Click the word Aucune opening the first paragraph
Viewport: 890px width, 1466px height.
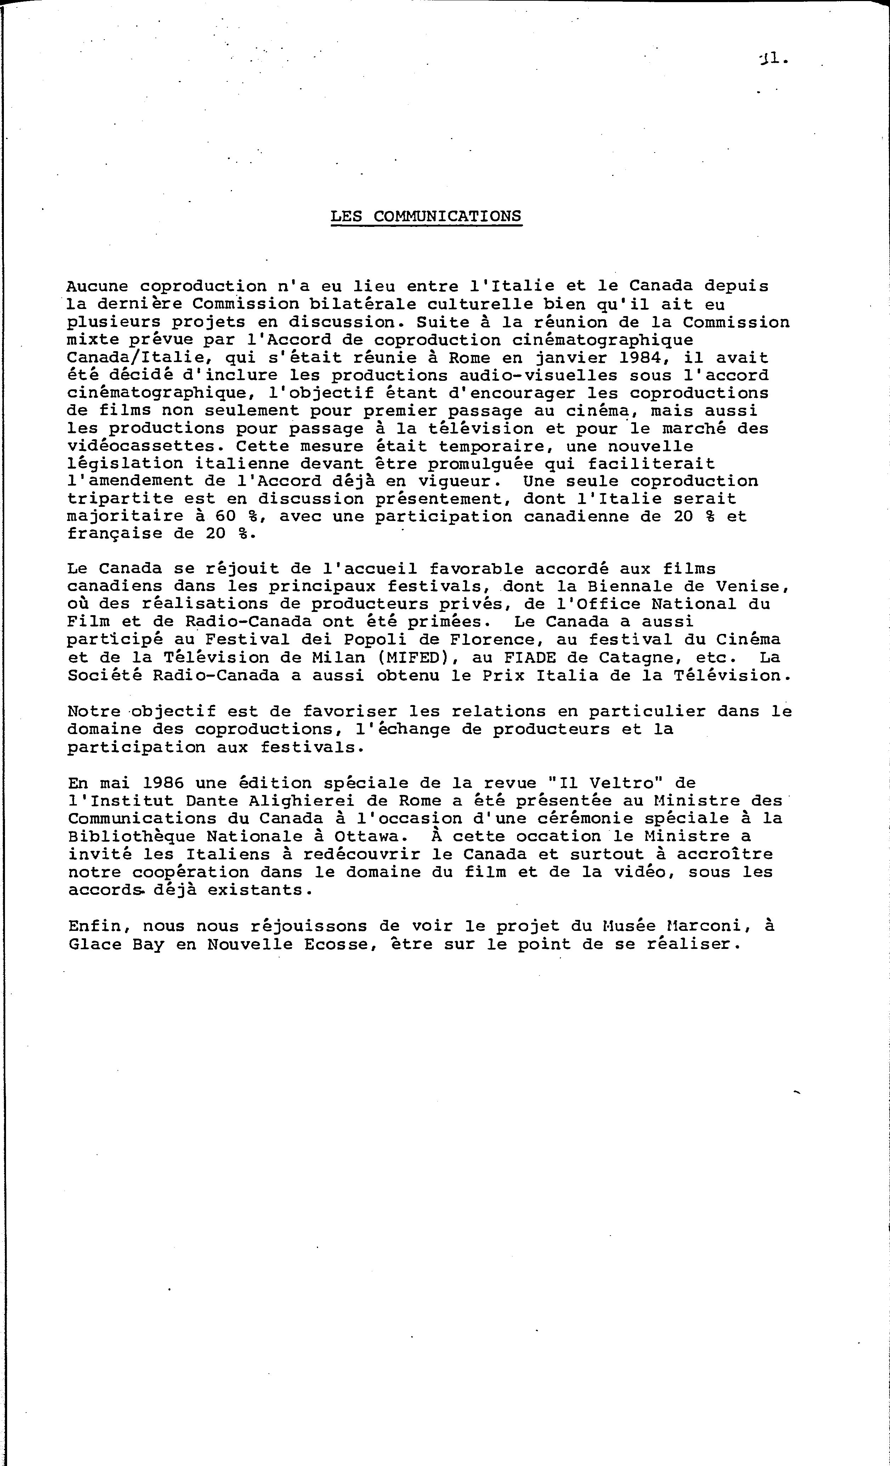point(97,286)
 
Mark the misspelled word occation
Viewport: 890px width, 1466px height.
point(559,836)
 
